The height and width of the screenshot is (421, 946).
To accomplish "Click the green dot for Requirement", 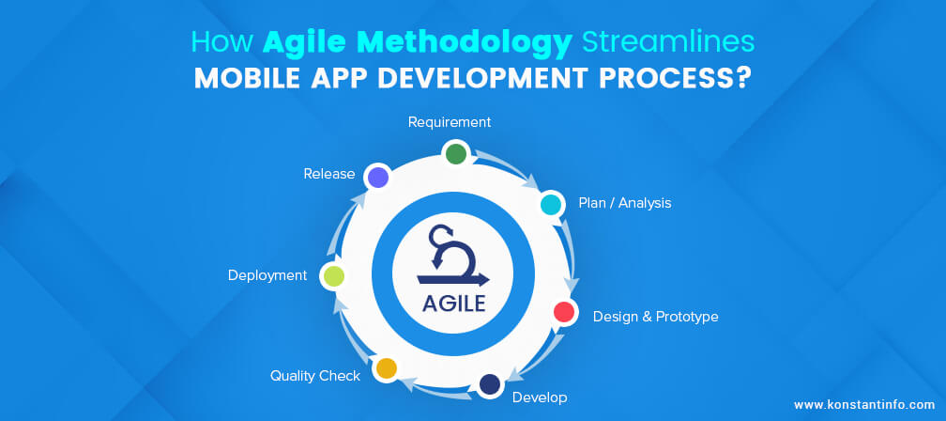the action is coord(456,153).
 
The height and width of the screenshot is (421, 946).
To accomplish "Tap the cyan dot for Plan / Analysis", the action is coord(550,204).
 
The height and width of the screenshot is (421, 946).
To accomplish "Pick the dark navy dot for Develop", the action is coord(489,384).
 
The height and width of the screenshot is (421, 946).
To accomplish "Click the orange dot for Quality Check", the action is coord(386,367).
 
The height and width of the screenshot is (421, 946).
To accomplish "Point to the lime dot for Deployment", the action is coord(334,276).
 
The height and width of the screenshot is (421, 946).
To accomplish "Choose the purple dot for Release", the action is coord(377,177).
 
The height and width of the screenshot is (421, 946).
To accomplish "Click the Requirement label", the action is coord(450,122).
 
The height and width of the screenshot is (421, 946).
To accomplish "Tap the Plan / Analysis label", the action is coord(625,203).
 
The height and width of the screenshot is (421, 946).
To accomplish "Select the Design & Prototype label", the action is coord(656,317).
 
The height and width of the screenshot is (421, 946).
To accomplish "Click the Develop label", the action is coord(540,398).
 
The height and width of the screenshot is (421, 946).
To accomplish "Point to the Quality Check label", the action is coord(315,376).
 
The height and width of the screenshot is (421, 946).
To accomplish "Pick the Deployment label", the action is coord(267,275).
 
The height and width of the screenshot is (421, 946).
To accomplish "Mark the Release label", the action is coord(328,174).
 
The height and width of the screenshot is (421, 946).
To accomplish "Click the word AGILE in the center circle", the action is coord(453,303).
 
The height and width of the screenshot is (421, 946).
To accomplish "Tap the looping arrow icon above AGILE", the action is coord(452,256).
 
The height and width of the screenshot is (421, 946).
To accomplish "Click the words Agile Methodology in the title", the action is coord(418,43).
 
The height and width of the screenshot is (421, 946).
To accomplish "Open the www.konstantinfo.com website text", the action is coord(864,405).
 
